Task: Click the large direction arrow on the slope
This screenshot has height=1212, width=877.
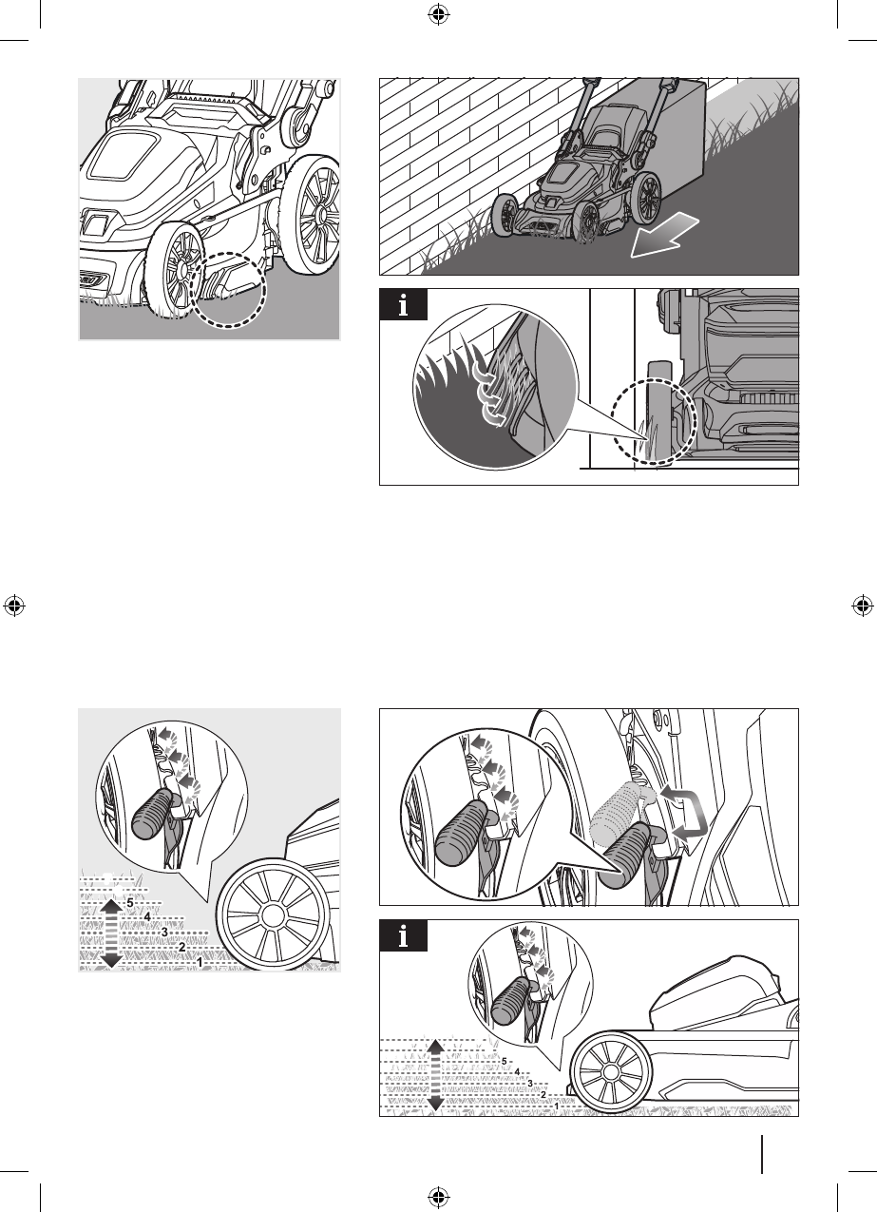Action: click(665, 235)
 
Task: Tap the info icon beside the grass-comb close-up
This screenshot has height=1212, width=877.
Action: click(404, 304)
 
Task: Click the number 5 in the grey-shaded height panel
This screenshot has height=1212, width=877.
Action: click(130, 903)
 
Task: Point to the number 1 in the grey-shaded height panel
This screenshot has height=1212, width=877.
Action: click(200, 963)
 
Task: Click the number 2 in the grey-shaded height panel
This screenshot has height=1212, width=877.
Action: click(182, 948)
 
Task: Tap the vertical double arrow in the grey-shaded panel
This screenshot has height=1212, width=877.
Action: click(111, 933)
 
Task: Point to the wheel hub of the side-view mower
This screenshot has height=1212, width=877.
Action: click(609, 1071)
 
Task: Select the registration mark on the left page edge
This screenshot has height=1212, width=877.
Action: click(14, 606)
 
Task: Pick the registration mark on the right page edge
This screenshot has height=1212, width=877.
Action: click(862, 606)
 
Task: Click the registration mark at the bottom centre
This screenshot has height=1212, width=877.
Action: click(439, 1196)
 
